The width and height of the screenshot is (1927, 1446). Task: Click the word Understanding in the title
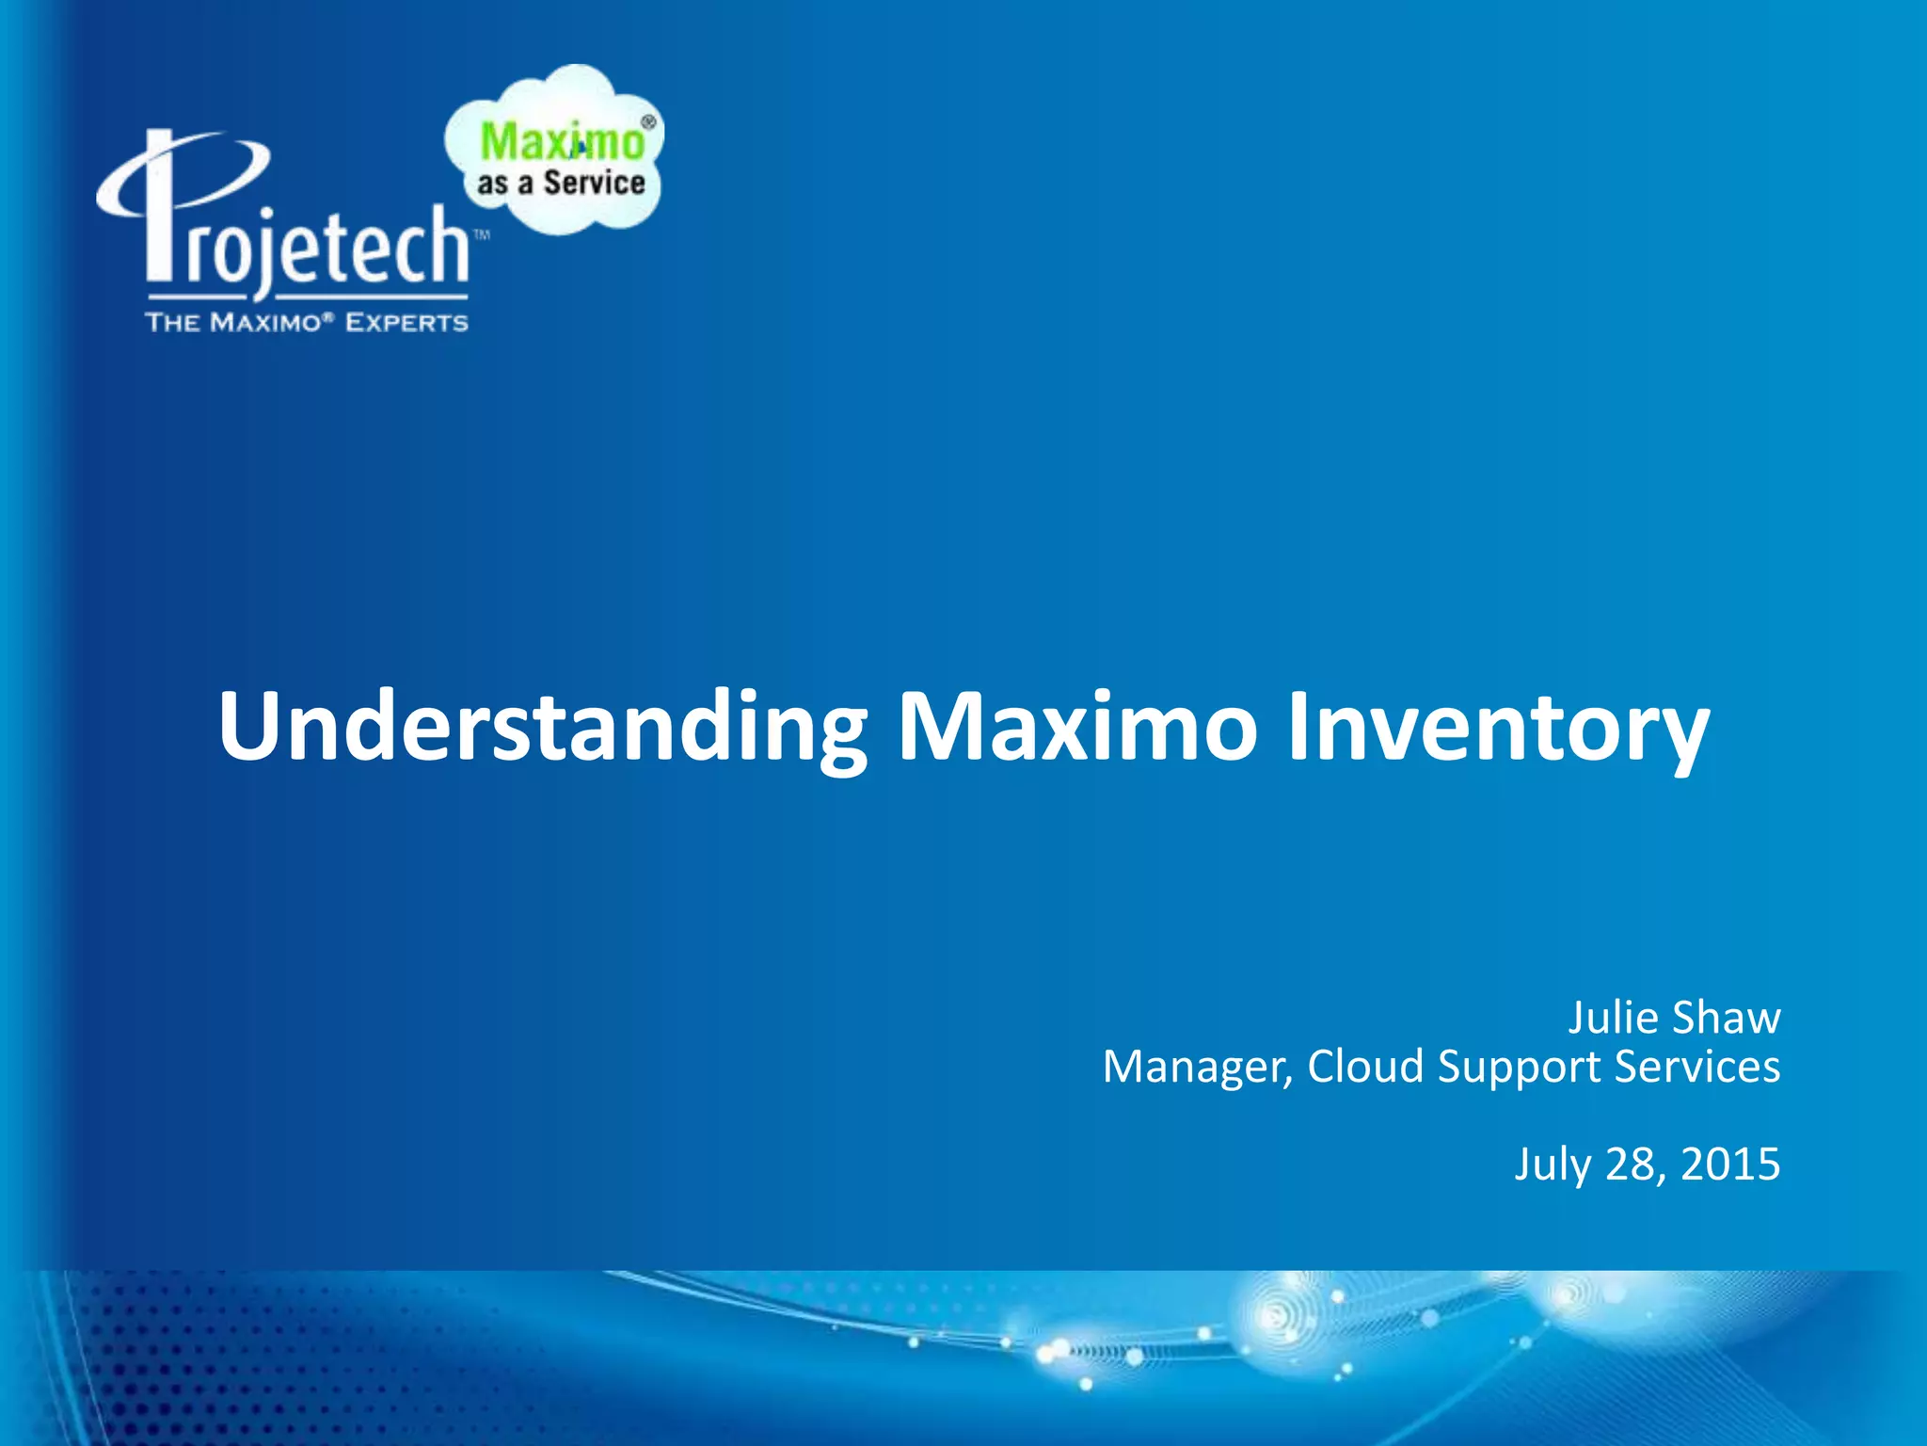[542, 727]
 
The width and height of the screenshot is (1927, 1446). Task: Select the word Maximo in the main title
[1077, 727]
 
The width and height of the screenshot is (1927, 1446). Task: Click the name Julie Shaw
[1673, 1018]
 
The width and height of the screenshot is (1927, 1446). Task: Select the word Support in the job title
[1519, 1067]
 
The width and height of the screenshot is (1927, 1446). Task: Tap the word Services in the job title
[1697, 1067]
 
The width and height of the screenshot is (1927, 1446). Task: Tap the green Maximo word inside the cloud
[562, 142]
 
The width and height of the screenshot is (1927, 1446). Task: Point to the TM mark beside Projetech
[481, 235]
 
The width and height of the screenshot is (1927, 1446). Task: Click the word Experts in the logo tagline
[406, 323]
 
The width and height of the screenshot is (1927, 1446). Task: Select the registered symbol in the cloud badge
[647, 121]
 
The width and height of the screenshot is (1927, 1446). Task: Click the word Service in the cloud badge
[594, 183]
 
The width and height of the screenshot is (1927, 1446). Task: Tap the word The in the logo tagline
[172, 323]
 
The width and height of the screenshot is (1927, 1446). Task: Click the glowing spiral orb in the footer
[1280, 1314]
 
